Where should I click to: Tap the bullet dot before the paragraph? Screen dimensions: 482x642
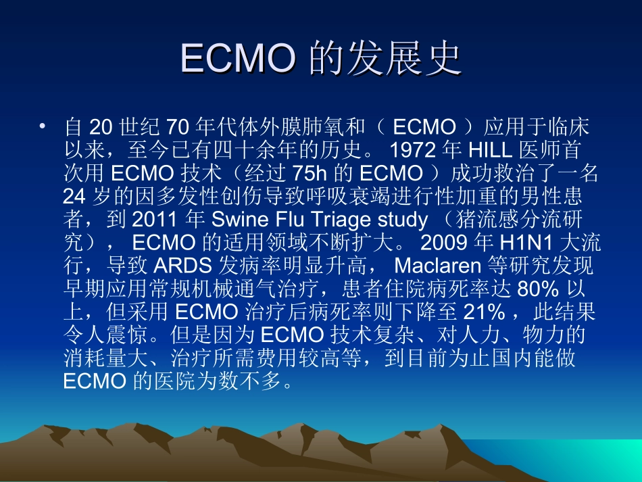[43, 126]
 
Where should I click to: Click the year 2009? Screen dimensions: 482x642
[440, 243]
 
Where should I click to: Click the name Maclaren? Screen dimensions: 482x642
[439, 266]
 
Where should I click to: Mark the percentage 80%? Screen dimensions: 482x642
[537, 289]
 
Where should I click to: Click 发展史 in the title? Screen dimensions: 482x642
[385, 59]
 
